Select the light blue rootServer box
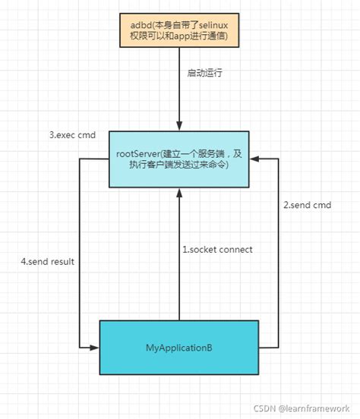[x=179, y=159]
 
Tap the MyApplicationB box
[x=179, y=348]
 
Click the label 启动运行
[x=207, y=74]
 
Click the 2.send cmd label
[x=307, y=206]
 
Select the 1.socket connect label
[x=216, y=250]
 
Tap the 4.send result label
[x=49, y=262]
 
